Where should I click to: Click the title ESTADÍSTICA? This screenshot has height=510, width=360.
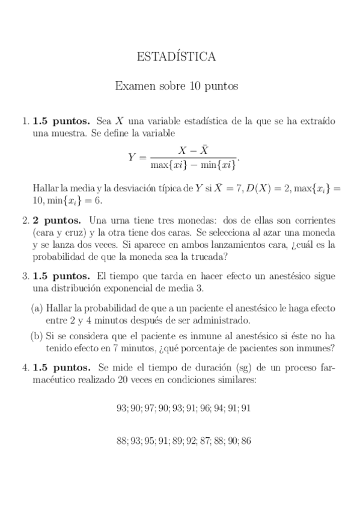pyautogui.click(x=177, y=58)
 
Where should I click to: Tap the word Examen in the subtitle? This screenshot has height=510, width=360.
pyautogui.click(x=132, y=87)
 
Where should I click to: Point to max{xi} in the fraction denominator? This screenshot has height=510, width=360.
pyautogui.click(x=168, y=164)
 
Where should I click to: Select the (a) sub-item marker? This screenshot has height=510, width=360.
pyautogui.click(x=37, y=308)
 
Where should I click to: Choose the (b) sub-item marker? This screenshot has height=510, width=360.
pyautogui.click(x=37, y=336)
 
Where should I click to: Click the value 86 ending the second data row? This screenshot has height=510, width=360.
pyautogui.click(x=245, y=441)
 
